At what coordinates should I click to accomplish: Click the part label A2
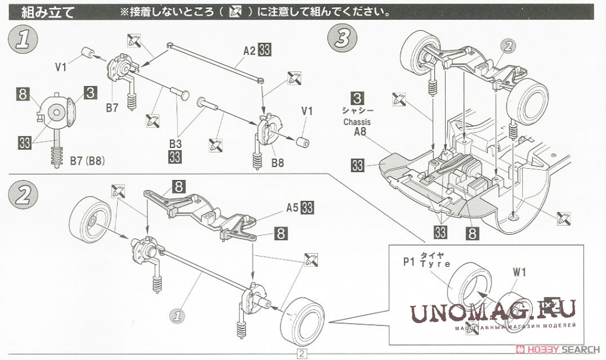tap(250, 52)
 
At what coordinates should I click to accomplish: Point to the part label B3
tap(175, 144)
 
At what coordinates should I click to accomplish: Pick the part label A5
tap(292, 208)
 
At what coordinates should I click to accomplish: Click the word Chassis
tap(356, 122)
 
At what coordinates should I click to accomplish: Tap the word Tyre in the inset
tap(435, 264)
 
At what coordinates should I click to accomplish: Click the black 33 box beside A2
tap(265, 52)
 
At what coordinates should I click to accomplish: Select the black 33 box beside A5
tap(308, 208)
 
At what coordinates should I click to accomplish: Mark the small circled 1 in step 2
tap(176, 314)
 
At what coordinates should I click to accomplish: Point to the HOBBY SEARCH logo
tap(556, 349)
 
